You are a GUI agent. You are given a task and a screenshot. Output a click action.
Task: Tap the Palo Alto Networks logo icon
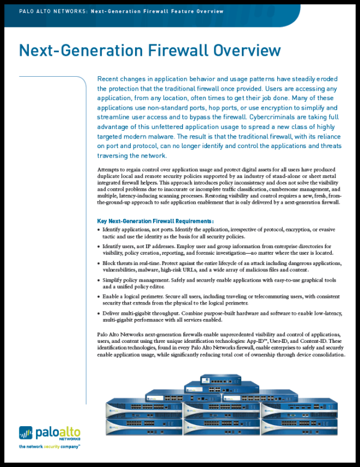(x=25, y=433)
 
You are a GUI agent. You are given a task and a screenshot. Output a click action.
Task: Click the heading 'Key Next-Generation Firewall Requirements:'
(x=155, y=221)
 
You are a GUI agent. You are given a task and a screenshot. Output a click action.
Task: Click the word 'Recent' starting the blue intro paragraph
(x=110, y=80)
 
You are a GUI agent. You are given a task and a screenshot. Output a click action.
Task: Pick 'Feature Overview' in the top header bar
(x=196, y=11)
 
